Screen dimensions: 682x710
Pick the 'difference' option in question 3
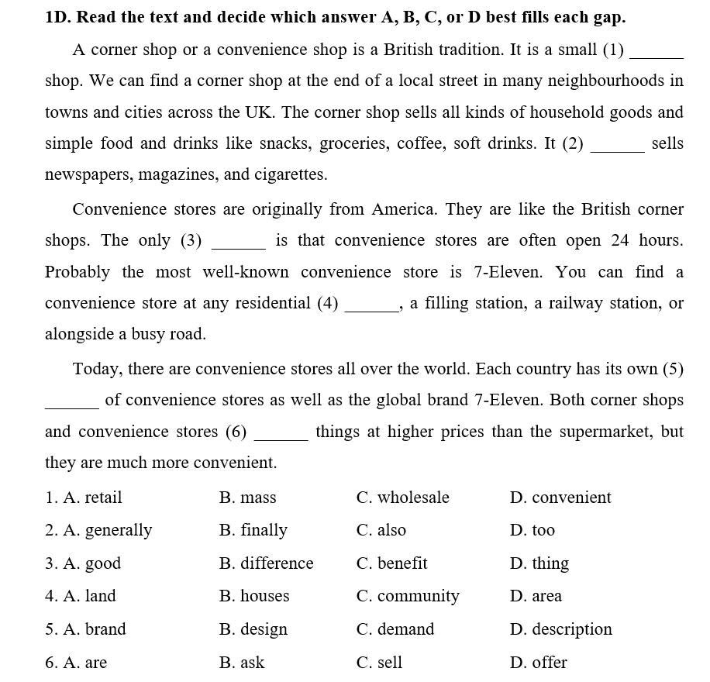tap(277, 563)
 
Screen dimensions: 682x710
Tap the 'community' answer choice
tap(418, 596)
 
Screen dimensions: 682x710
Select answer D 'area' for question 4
tap(546, 596)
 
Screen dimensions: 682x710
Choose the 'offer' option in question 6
tap(549, 663)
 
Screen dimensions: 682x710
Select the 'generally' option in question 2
tap(118, 531)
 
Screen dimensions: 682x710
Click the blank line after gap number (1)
tap(657, 56)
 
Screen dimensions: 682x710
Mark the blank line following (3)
tap(239, 246)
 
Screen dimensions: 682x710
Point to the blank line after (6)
tap(281, 438)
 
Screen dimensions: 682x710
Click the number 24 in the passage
tap(620, 240)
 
